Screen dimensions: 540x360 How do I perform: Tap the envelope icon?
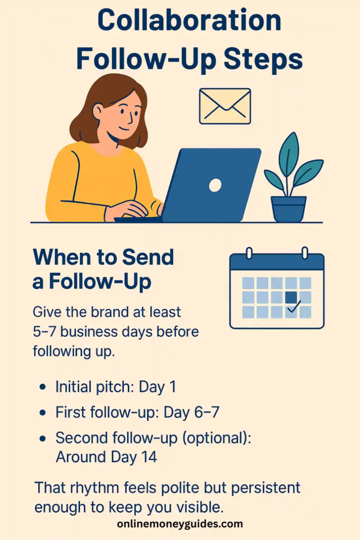pyautogui.click(x=225, y=106)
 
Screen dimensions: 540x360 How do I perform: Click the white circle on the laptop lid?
pyautogui.click(x=215, y=185)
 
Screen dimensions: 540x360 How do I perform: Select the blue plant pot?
pyautogui.click(x=289, y=208)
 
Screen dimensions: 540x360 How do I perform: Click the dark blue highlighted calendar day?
pyautogui.click(x=291, y=297)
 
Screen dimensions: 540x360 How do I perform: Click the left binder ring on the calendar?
pyautogui.click(x=249, y=253)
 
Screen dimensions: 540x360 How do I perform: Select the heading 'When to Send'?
pyautogui.click(x=103, y=257)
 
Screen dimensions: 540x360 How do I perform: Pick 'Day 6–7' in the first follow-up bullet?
pyautogui.click(x=191, y=412)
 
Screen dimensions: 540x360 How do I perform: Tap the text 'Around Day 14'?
pyautogui.click(x=106, y=457)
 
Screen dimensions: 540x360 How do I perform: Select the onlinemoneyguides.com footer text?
pyautogui.click(x=180, y=524)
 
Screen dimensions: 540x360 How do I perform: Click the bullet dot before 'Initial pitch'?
pyautogui.click(x=42, y=388)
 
